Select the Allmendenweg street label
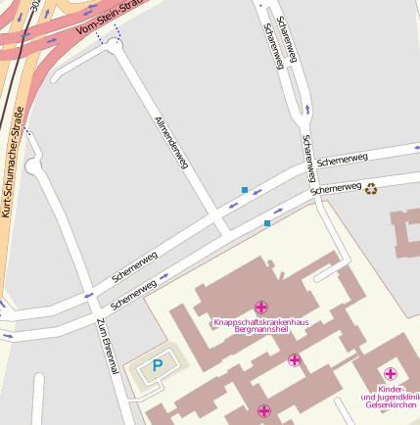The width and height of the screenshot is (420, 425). point(170,143)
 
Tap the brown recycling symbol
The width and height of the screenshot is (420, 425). point(371,188)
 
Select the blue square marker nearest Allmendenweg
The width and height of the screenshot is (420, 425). point(244,189)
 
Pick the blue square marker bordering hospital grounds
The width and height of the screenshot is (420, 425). point(266,223)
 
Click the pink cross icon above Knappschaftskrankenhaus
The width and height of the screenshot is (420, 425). point(260,307)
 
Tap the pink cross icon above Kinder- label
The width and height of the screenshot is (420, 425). point(390,373)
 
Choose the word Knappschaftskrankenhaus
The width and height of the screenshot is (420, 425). point(260,321)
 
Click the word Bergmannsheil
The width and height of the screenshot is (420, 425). point(260,331)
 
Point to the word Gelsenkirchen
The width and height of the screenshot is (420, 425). point(390,404)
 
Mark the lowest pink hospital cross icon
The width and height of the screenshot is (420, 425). point(263,410)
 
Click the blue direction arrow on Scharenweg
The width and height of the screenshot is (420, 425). point(306,109)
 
